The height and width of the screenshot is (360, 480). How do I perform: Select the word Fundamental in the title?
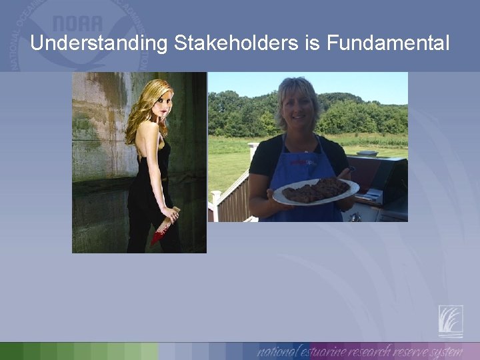[389, 44]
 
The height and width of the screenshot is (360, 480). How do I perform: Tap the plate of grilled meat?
[315, 191]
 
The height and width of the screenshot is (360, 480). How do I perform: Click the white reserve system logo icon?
[451, 321]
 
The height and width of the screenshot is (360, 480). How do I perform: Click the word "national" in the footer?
[279, 351]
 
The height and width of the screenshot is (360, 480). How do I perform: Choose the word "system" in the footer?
[446, 351]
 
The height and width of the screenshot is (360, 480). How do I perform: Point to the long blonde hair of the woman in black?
[141, 110]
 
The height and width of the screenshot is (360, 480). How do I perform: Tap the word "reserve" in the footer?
[407, 351]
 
